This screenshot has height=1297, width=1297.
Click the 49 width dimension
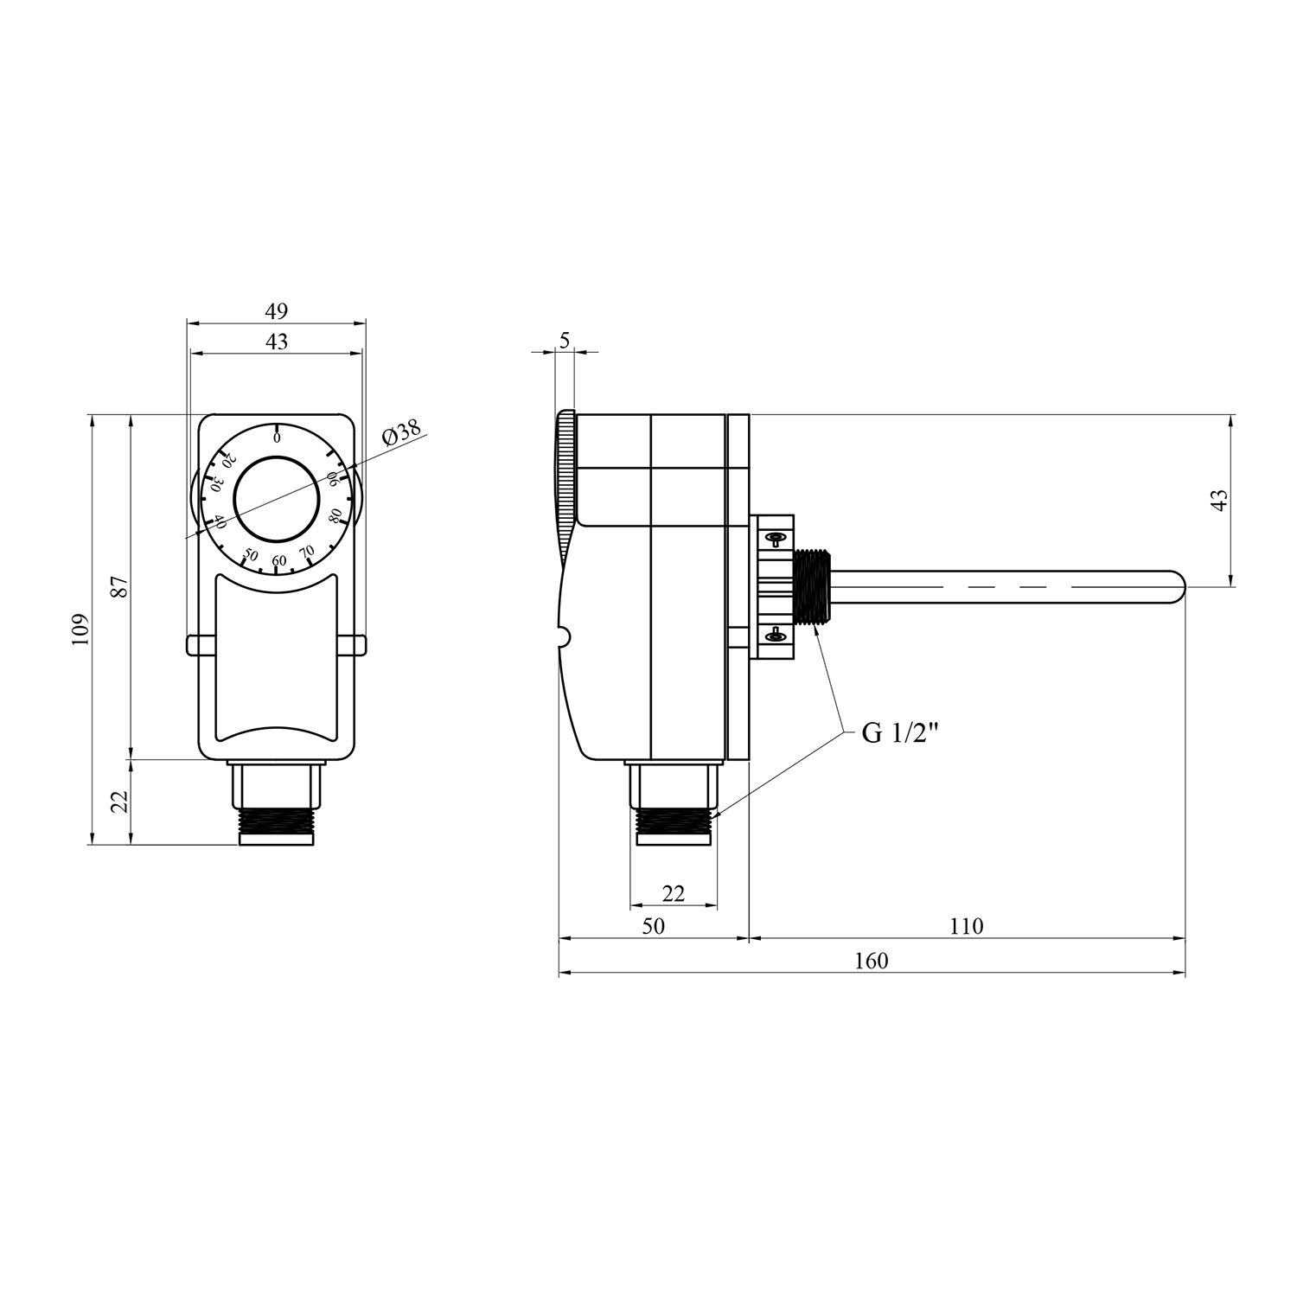pyautogui.click(x=276, y=310)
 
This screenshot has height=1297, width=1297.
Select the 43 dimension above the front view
pyautogui.click(x=276, y=342)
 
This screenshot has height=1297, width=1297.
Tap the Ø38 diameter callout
pyautogui.click(x=401, y=432)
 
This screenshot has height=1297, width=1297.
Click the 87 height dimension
pyautogui.click(x=120, y=586)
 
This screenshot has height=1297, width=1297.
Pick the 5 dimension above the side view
pyautogui.click(x=565, y=340)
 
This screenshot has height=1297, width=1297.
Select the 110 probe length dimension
pyautogui.click(x=966, y=926)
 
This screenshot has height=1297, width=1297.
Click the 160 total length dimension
pyautogui.click(x=871, y=961)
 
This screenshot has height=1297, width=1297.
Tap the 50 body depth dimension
pyautogui.click(x=654, y=926)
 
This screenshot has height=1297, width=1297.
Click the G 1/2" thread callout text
pyautogui.click(x=900, y=734)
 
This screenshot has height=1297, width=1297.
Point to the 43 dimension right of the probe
pyautogui.click(x=1218, y=501)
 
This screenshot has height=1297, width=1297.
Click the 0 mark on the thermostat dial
pyautogui.click(x=277, y=438)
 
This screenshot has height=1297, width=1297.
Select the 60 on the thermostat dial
pyautogui.click(x=278, y=561)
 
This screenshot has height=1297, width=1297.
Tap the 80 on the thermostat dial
pyautogui.click(x=335, y=517)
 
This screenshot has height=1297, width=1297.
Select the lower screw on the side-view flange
pyautogui.click(x=774, y=637)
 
